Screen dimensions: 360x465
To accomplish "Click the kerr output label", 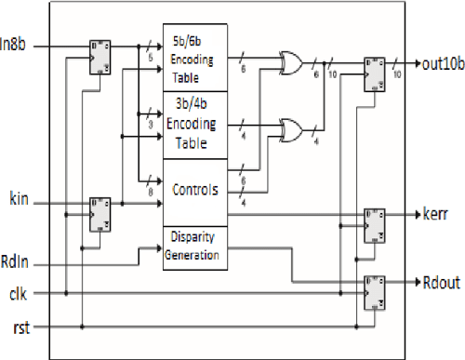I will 431,213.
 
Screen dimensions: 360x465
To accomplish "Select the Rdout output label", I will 436,281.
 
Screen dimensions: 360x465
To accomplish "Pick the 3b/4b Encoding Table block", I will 194,123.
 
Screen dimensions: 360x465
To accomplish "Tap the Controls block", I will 194,190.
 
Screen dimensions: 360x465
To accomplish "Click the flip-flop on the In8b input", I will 99,55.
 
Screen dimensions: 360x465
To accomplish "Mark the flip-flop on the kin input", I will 99,212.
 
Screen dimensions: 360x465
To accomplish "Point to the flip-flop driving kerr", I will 375,220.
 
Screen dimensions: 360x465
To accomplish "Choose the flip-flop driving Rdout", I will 375,288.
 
